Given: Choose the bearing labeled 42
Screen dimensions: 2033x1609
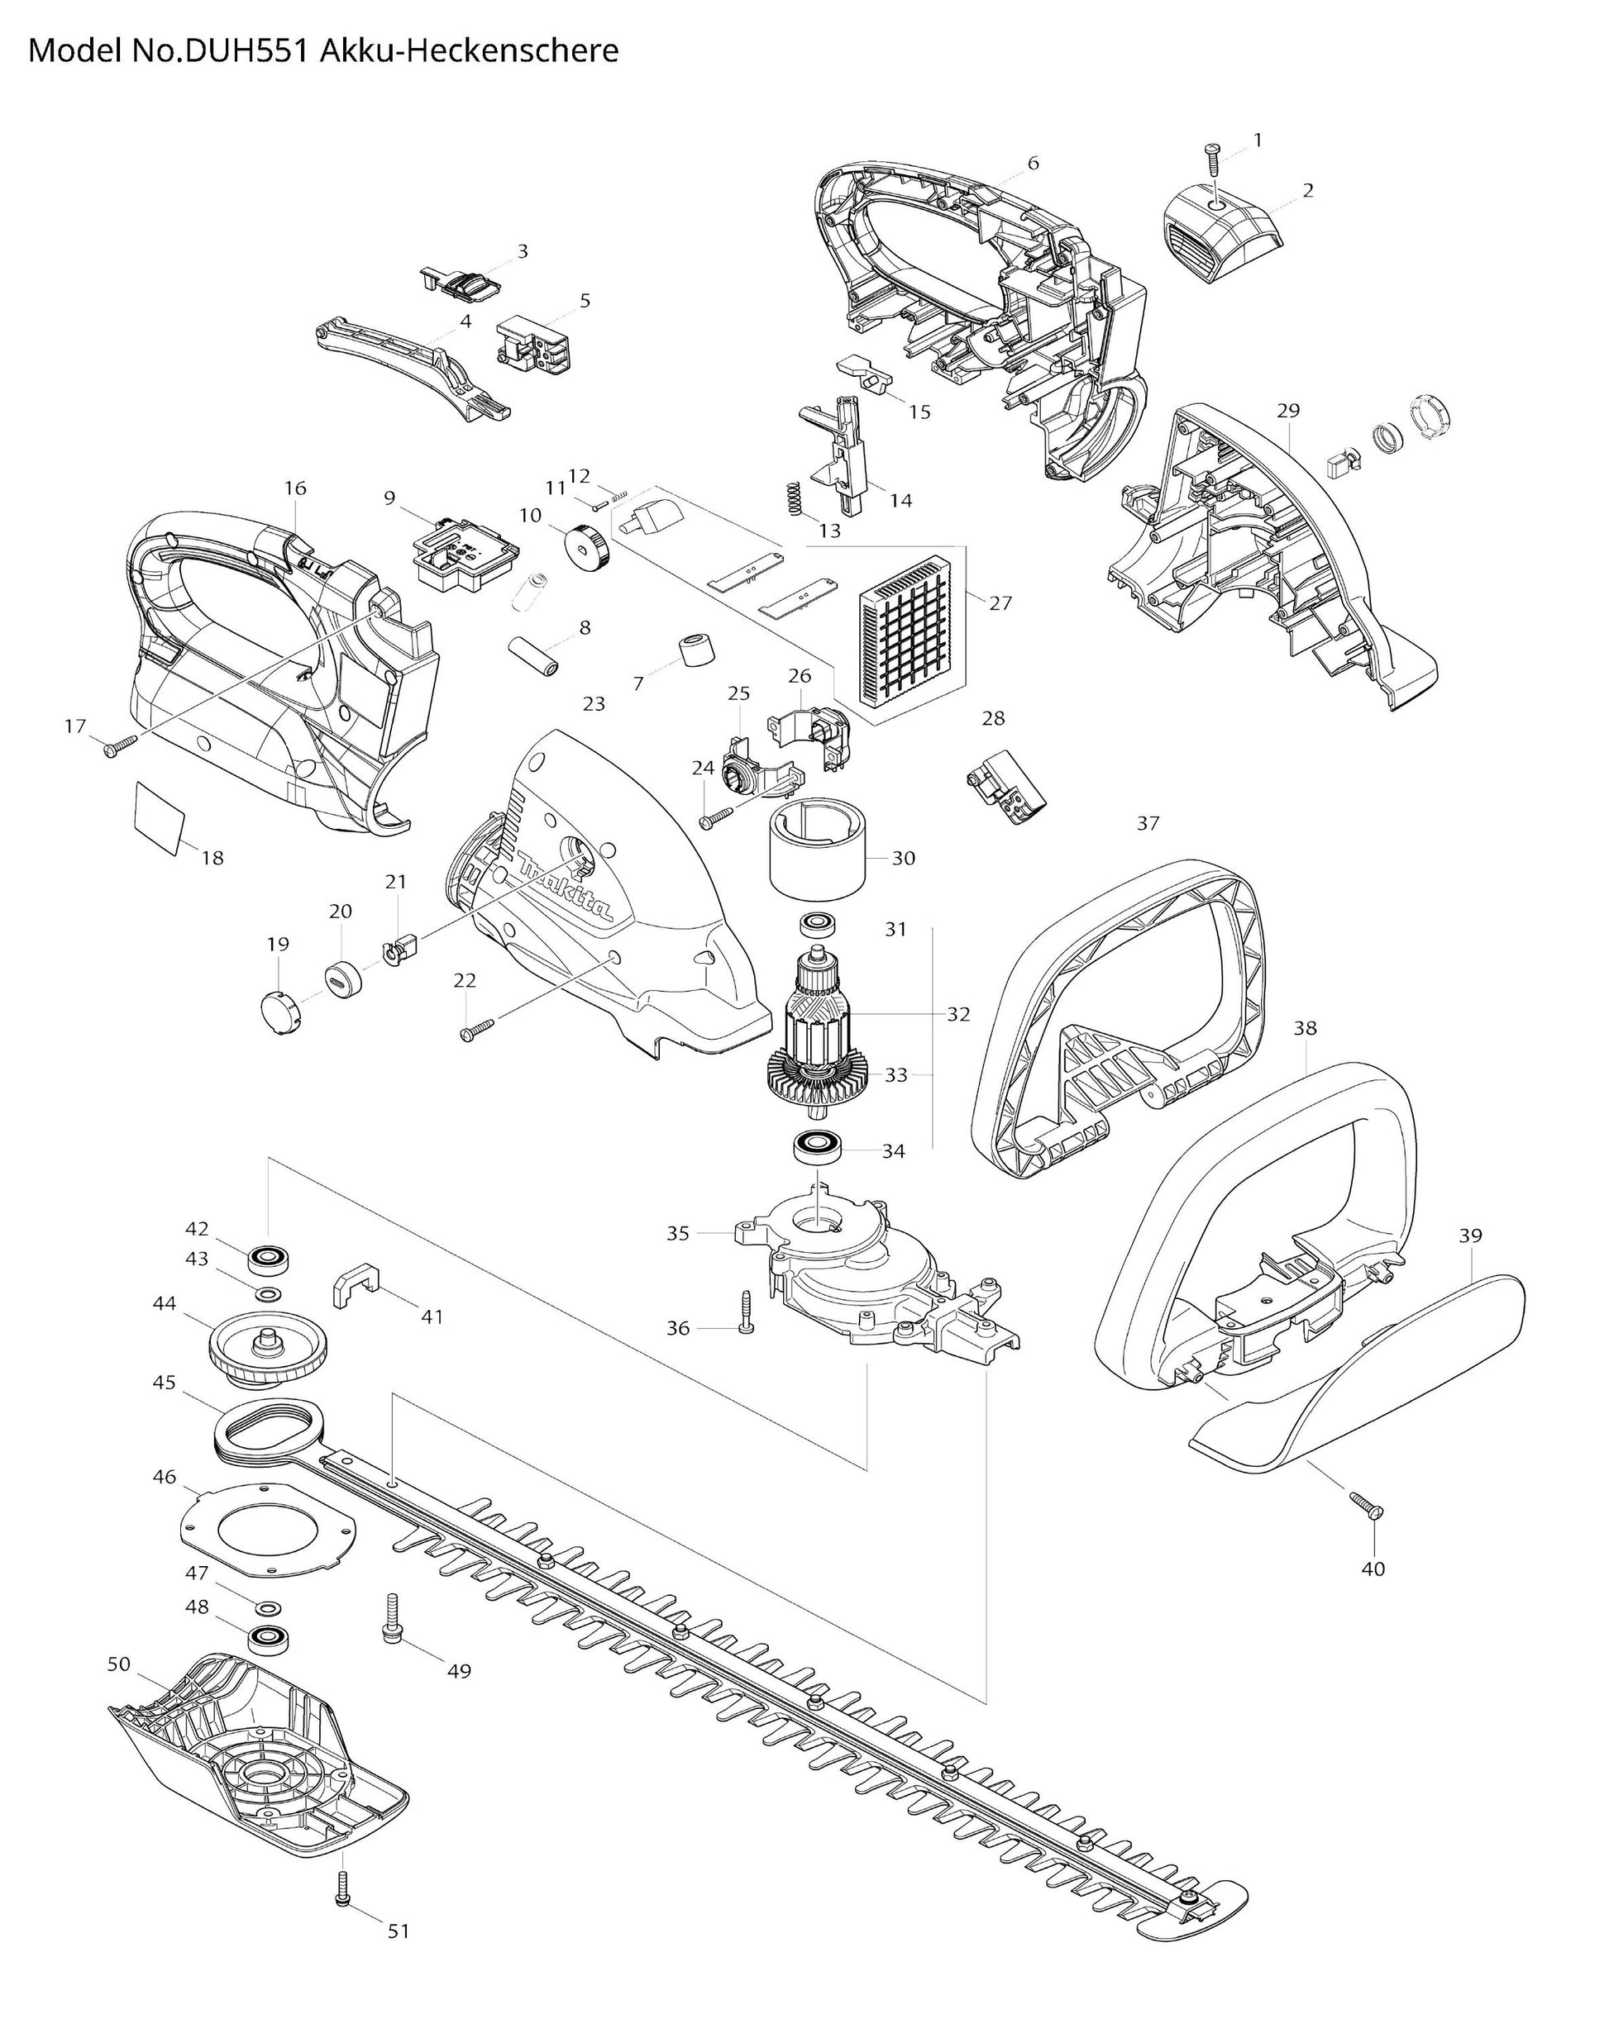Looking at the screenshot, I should pyautogui.click(x=269, y=1259).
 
